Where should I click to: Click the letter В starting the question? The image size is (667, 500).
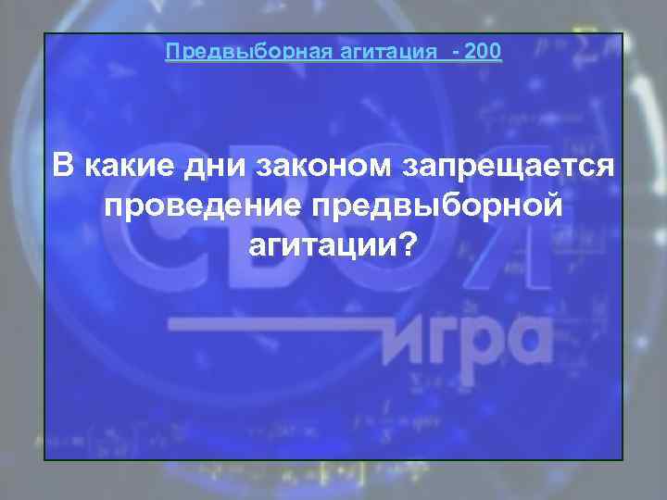[x=62, y=167]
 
